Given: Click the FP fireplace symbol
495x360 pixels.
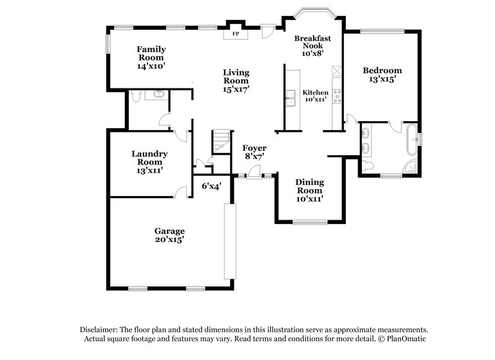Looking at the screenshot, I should (235, 33).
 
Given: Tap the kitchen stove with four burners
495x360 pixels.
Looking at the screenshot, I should (337, 95).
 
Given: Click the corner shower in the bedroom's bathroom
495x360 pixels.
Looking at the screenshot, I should (410, 166).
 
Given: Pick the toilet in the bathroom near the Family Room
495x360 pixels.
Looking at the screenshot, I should (140, 95).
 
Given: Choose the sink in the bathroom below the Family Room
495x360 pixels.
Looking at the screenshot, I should (160, 94).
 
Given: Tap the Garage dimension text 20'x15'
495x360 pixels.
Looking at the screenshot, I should (170, 239).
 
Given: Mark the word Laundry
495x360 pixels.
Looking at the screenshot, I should (149, 153).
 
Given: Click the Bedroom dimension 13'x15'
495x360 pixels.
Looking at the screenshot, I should (382, 79).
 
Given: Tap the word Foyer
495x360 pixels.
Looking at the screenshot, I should (254, 148).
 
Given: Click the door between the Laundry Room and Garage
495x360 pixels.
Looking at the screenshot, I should (180, 193).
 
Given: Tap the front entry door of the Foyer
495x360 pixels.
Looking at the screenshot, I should (254, 178).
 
